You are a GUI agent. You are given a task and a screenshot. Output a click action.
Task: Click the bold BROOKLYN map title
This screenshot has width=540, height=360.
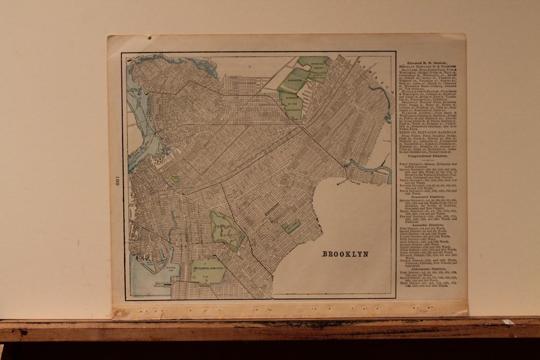[x=345, y=254]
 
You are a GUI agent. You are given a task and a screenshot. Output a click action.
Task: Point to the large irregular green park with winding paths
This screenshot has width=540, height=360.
[x=226, y=230]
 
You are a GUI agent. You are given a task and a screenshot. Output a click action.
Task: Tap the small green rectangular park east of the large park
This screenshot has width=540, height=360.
[x=291, y=226]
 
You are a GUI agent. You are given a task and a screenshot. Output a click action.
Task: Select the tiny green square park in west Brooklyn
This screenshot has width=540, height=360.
[x=174, y=179]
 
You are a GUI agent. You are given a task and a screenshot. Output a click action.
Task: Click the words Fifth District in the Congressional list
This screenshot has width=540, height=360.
[x=409, y=190]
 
